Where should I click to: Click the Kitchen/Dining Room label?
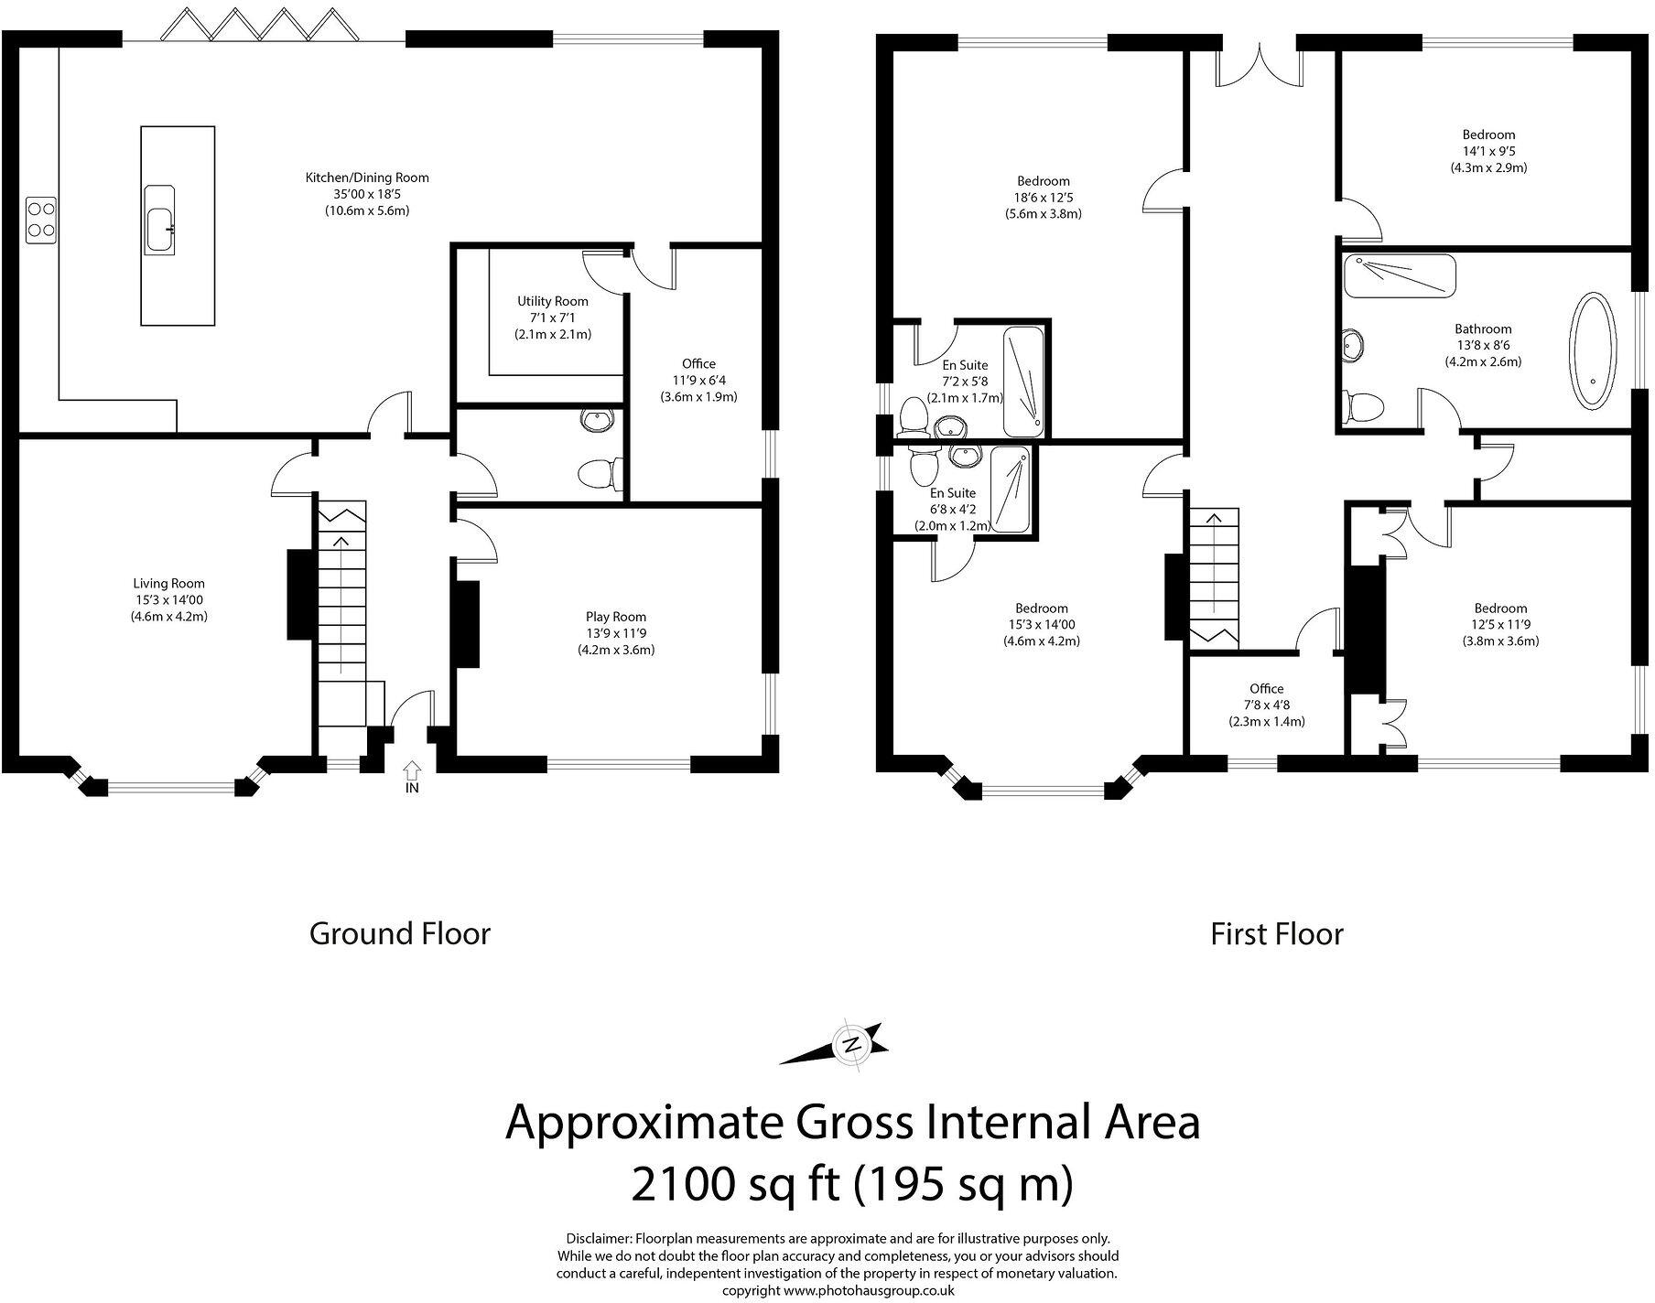[x=367, y=178]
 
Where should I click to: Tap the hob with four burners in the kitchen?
[x=40, y=220]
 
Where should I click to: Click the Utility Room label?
[x=552, y=301]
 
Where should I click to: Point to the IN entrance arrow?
[x=412, y=774]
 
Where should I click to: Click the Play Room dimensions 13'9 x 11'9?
[x=616, y=633]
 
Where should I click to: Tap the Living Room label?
[x=168, y=583]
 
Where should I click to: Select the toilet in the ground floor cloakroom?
[x=600, y=474]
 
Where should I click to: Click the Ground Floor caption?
[x=400, y=934]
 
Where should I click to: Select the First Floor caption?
[x=1276, y=934]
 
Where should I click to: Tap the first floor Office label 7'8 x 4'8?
[x=1266, y=689]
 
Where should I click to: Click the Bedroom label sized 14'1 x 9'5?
[x=1487, y=135]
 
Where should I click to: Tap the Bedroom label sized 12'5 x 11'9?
[x=1500, y=608]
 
